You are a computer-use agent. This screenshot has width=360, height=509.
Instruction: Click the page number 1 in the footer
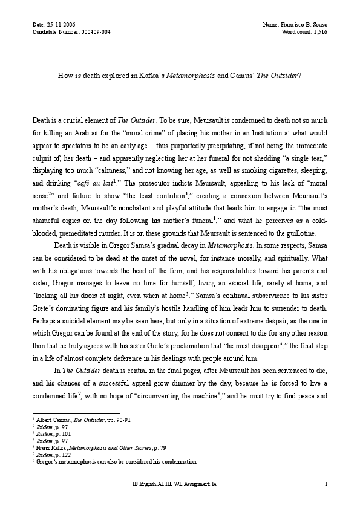click(326, 501)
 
